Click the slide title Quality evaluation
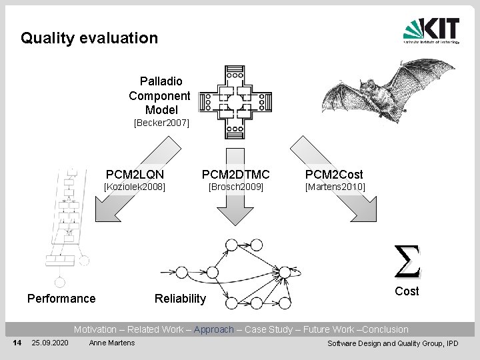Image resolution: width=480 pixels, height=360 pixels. pyautogui.click(x=89, y=38)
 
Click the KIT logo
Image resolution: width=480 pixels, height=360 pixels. pyautogui.click(x=431, y=31)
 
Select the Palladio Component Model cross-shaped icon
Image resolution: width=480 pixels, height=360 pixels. pyautogui.click(x=235, y=101)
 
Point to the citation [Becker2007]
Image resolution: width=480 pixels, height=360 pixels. pyautogui.click(x=161, y=123)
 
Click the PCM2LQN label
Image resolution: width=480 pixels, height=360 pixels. pyautogui.click(x=135, y=175)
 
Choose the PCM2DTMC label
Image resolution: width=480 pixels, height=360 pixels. pyautogui.click(x=236, y=175)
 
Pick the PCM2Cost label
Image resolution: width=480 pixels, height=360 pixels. pyautogui.click(x=334, y=175)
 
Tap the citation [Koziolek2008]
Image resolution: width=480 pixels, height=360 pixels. pyautogui.click(x=134, y=187)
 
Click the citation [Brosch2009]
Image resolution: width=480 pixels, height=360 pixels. pyautogui.click(x=236, y=187)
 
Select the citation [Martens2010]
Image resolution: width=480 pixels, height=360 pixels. pyautogui.click(x=335, y=187)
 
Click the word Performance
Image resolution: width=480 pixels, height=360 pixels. pyautogui.click(x=61, y=299)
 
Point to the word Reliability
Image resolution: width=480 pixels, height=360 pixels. pyautogui.click(x=180, y=299)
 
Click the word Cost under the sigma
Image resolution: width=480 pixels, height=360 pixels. pyautogui.click(x=407, y=291)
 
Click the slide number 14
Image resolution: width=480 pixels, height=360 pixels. pyautogui.click(x=18, y=343)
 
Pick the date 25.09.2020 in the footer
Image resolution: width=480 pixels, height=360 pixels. pyautogui.click(x=49, y=343)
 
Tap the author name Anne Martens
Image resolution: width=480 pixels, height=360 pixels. pyautogui.click(x=112, y=343)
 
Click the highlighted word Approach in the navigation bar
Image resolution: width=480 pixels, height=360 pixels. pyautogui.click(x=214, y=329)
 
